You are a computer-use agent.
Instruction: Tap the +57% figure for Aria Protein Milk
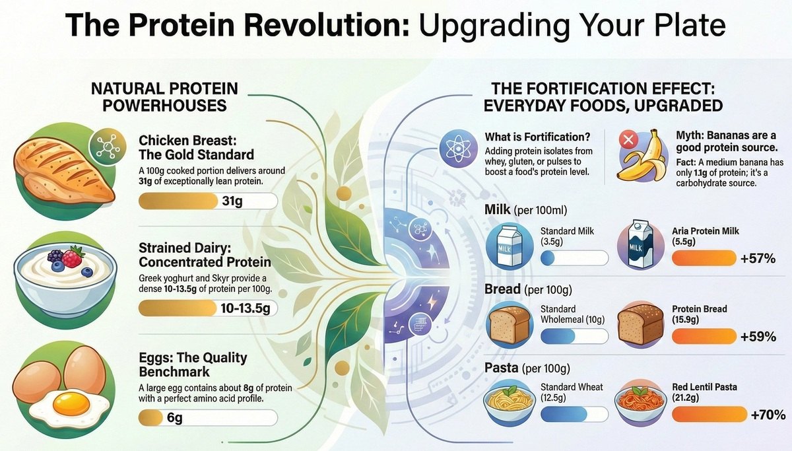tap(758, 258)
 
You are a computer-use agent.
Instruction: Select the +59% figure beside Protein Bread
tap(758, 336)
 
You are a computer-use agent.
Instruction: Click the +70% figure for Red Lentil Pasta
tap(768, 415)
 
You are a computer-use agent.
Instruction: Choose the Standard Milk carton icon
tap(509, 244)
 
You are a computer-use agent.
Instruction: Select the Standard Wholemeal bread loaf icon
tap(509, 324)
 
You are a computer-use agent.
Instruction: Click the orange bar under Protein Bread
tap(703, 336)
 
